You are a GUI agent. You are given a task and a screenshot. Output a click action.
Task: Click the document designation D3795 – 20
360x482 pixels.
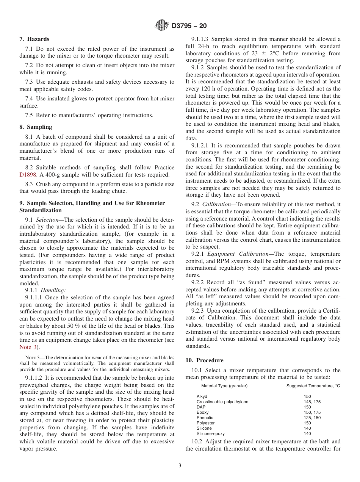click(x=189, y=26)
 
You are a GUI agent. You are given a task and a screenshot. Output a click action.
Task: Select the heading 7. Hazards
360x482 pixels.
click(x=34, y=39)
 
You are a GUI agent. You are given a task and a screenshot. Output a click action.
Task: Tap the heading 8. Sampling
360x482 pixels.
click(x=36, y=127)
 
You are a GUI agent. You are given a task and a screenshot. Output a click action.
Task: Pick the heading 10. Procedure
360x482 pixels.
click(x=204, y=360)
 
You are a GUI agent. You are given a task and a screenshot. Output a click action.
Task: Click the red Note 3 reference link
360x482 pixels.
click(x=28, y=347)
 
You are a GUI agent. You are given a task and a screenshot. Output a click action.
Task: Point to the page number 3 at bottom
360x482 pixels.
click(x=180, y=466)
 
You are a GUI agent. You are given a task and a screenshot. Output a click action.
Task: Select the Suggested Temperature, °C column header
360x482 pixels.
click(x=313, y=386)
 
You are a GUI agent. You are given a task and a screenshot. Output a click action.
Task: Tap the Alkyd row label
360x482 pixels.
click(x=202, y=396)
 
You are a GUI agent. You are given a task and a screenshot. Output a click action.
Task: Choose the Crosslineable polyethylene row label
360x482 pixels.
click(x=222, y=402)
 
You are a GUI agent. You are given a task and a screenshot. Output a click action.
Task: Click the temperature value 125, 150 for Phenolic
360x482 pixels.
click(x=312, y=418)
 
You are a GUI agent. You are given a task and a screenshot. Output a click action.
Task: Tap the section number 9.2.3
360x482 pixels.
click(x=199, y=311)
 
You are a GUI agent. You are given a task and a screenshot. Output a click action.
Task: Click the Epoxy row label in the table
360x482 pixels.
click(x=202, y=412)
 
